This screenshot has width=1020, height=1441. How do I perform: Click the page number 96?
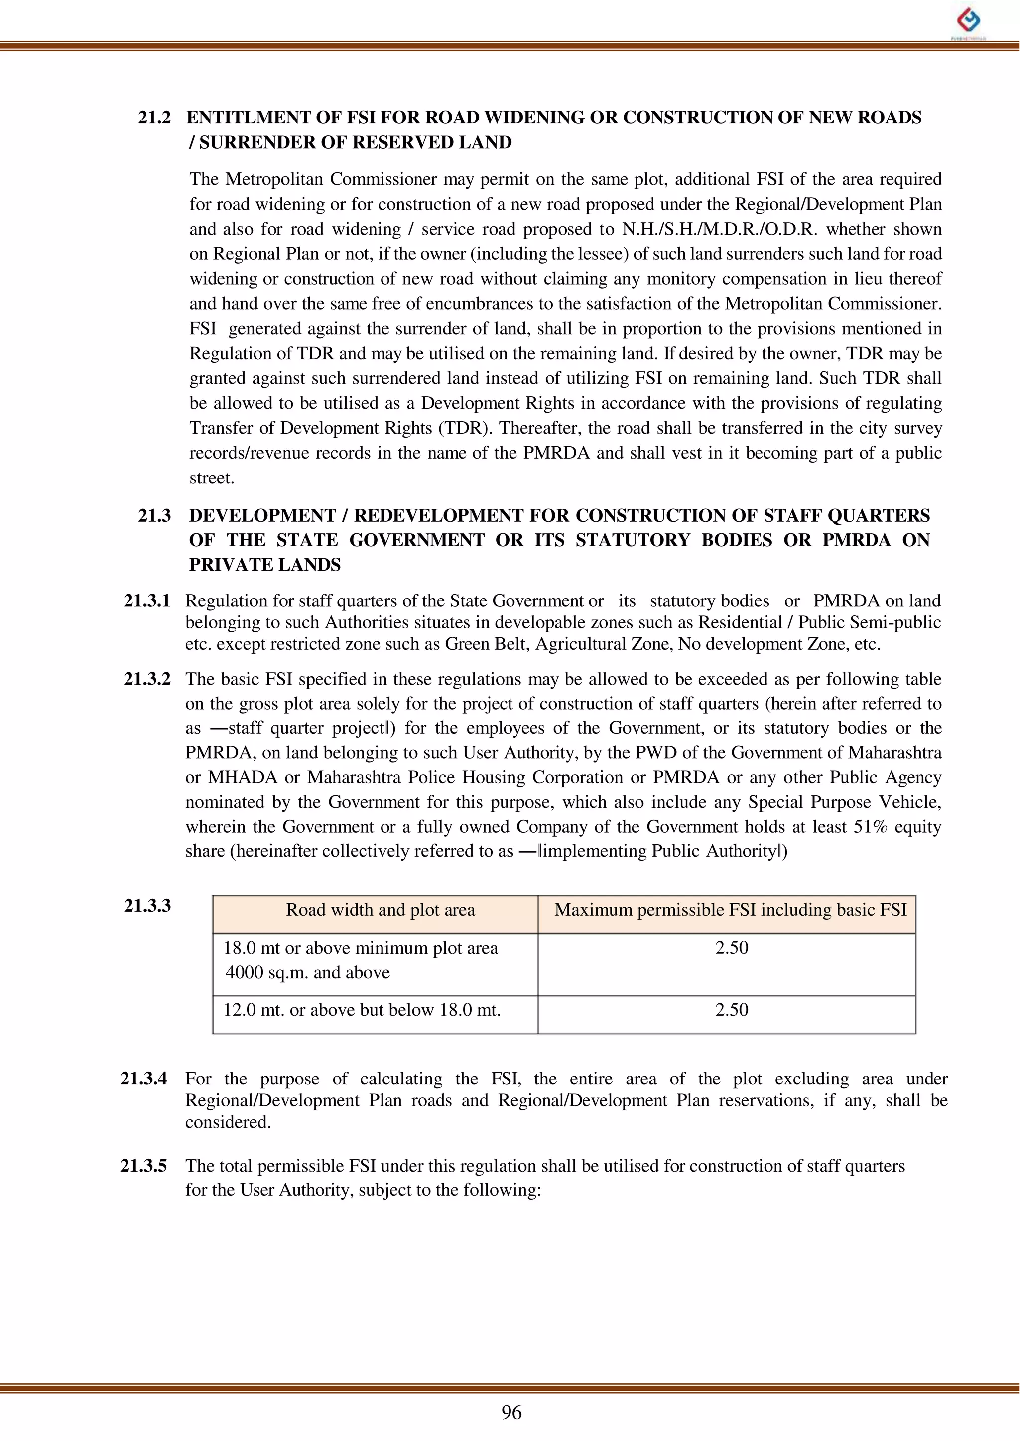click(511, 1412)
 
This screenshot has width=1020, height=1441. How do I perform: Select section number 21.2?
click(154, 118)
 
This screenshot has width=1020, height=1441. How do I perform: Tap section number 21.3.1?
click(147, 601)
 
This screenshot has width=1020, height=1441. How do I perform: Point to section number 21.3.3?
click(147, 905)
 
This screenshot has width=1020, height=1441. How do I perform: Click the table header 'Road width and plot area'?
click(380, 910)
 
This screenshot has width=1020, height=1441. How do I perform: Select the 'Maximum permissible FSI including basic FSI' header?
click(731, 910)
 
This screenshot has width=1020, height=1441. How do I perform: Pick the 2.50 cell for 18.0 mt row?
click(731, 948)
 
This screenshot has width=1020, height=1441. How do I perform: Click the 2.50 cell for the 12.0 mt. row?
click(731, 1010)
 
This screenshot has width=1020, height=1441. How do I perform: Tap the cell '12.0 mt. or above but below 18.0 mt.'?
click(362, 1010)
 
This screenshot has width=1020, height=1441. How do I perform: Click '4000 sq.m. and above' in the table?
click(308, 972)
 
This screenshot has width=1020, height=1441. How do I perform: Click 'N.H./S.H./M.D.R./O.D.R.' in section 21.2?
click(720, 229)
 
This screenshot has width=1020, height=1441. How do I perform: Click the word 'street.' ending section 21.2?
click(212, 478)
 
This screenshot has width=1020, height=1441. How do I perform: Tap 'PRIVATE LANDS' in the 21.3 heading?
click(264, 565)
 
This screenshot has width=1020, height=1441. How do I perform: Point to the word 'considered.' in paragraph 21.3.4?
click(228, 1122)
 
